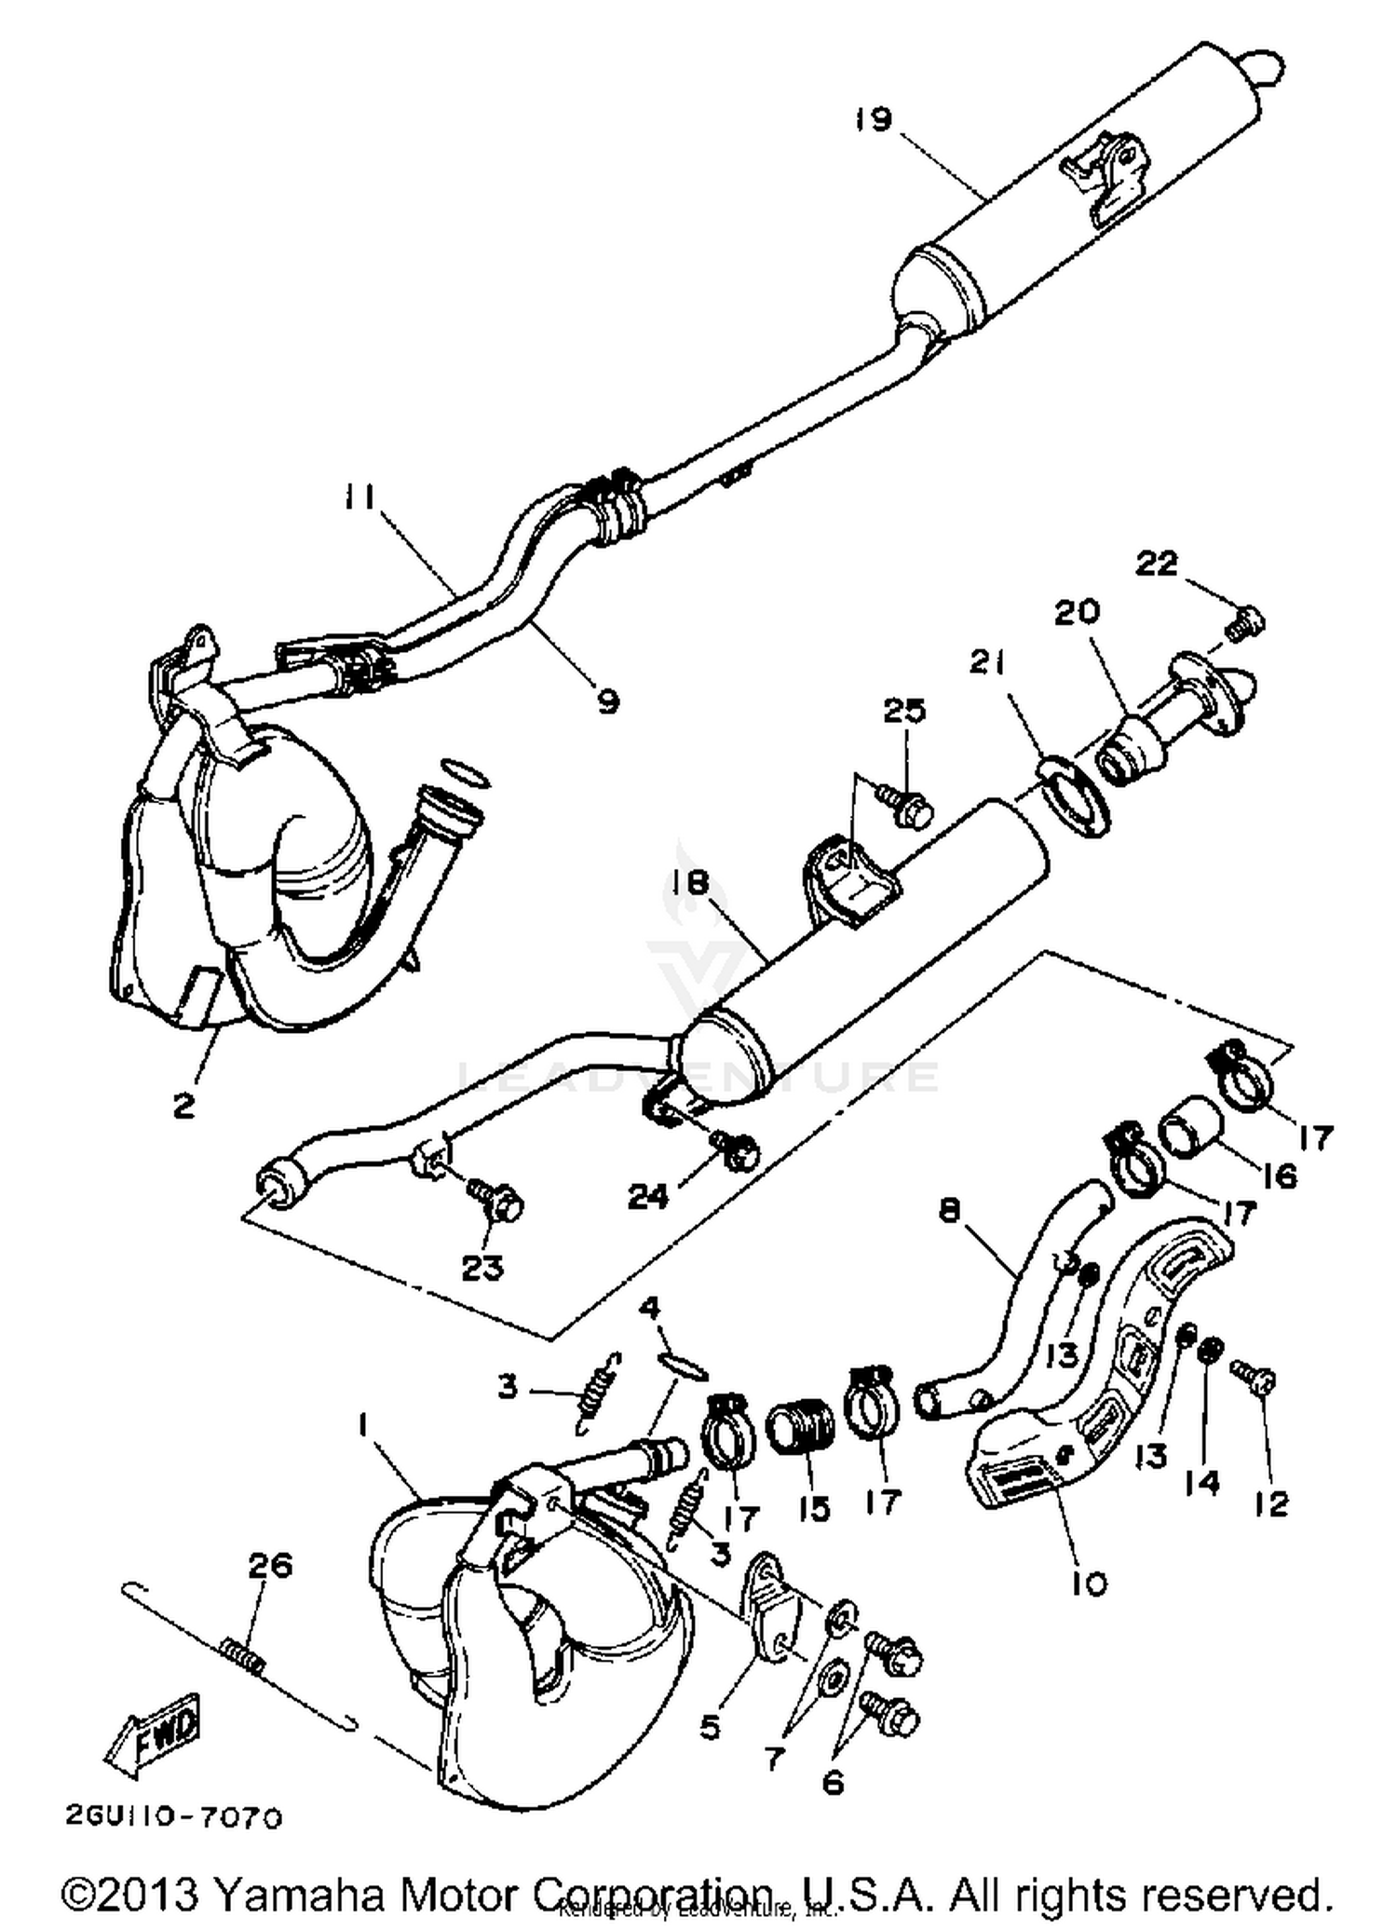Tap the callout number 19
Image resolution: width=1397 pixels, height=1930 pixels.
click(x=874, y=120)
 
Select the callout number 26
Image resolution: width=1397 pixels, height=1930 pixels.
click(x=270, y=1565)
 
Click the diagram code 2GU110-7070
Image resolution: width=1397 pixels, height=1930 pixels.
click(x=173, y=1816)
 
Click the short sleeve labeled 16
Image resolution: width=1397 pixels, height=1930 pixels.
click(x=1189, y=1127)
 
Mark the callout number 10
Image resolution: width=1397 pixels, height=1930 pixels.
click(x=1088, y=1583)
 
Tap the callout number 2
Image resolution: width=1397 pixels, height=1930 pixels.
click(x=183, y=1105)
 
